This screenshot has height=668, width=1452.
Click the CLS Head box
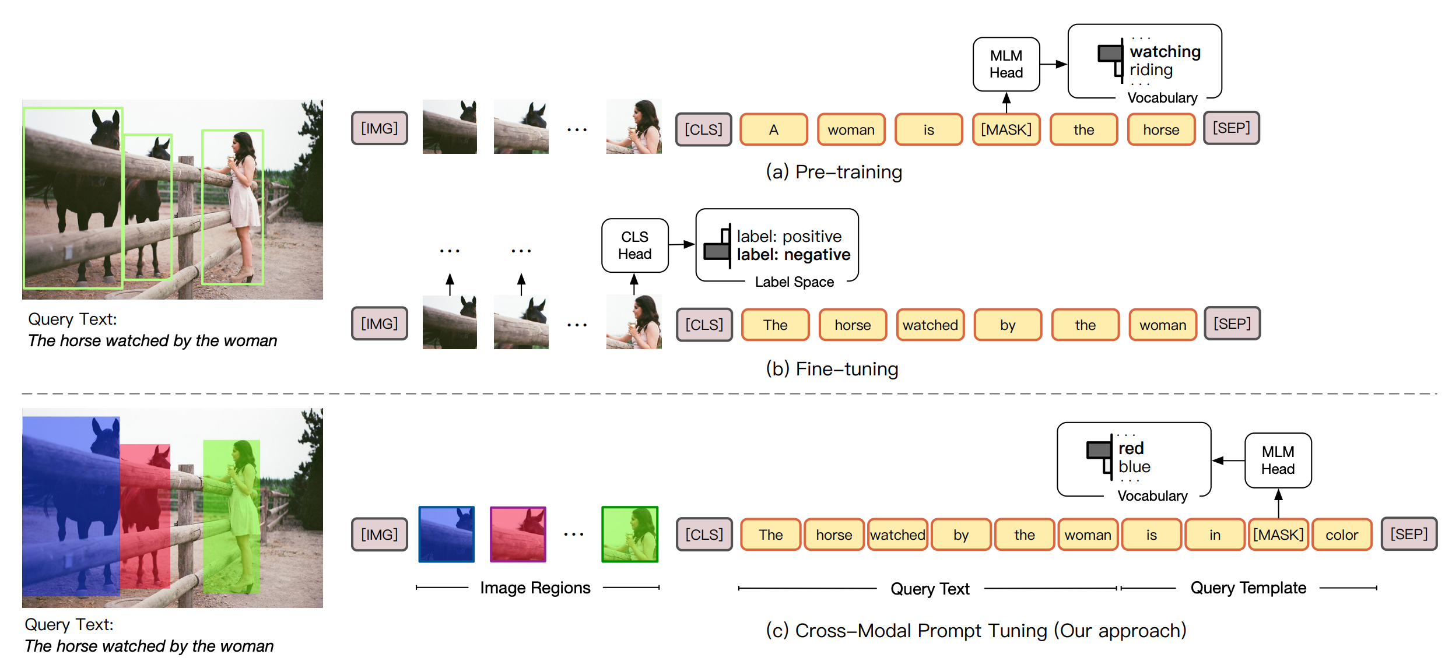tap(634, 245)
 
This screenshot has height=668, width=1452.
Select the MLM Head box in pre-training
tap(1006, 64)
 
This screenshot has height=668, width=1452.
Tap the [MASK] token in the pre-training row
tap(1006, 129)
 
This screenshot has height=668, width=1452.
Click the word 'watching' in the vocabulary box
tap(1165, 52)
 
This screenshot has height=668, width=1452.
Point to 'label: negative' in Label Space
tap(793, 255)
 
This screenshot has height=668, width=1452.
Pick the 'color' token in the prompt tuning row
tap(1342, 535)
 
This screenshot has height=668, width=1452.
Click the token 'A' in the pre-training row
tap(774, 129)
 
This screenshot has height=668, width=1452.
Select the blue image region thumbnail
tap(447, 534)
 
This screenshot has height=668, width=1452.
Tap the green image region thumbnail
tap(630, 534)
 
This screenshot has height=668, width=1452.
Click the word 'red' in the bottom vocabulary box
tap(1131, 448)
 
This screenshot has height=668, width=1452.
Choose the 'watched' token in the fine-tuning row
tap(930, 325)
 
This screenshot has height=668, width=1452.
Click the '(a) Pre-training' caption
tap(834, 172)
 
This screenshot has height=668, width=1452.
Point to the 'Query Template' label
tap(1248, 588)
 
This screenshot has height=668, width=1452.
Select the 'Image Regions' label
tap(535, 588)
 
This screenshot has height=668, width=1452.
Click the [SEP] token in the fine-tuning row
tap(1232, 324)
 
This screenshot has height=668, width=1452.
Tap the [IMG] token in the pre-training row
tap(380, 128)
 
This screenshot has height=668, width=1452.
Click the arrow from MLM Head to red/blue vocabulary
tap(1228, 460)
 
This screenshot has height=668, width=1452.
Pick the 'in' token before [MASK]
tap(1215, 535)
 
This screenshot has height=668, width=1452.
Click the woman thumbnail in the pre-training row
tap(634, 126)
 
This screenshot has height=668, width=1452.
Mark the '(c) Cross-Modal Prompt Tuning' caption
tap(976, 631)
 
